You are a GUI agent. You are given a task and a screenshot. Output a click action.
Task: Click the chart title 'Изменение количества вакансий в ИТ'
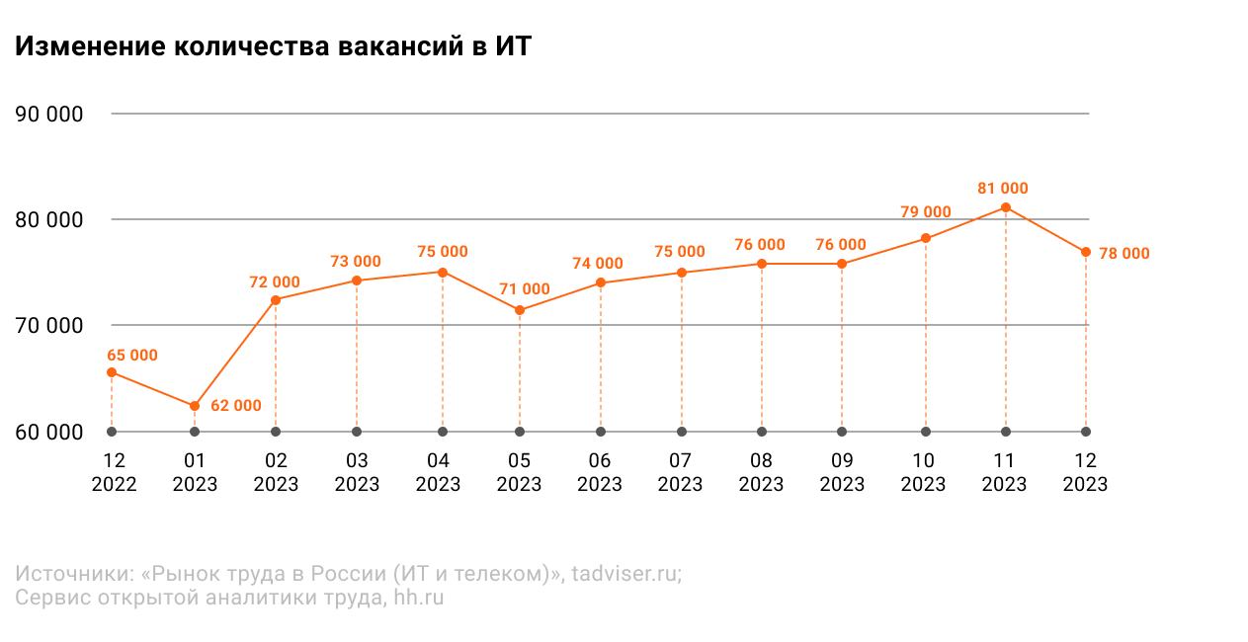tap(273, 46)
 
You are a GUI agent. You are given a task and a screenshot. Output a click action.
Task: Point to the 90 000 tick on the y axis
tap(49, 115)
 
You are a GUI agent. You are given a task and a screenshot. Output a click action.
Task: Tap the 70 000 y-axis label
tap(49, 326)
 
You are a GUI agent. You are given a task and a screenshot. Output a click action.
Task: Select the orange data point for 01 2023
tap(195, 407)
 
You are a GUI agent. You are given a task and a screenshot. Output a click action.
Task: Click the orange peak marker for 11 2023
tap(1006, 207)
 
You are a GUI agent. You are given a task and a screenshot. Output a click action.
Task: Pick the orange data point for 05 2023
tap(519, 310)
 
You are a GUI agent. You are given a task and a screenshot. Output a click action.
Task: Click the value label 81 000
tap(1003, 189)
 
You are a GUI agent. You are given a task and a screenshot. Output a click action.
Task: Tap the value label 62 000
tap(236, 405)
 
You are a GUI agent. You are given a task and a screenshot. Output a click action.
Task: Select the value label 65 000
tap(132, 356)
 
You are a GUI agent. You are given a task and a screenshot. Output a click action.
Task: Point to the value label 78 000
tap(1124, 254)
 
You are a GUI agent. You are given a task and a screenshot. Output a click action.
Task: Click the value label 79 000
tap(926, 211)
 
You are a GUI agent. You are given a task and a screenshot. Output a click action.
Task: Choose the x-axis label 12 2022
tap(115, 472)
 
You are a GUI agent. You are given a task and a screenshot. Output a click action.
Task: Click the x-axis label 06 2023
tap(600, 472)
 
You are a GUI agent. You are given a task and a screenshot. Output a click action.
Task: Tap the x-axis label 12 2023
tap(1085, 472)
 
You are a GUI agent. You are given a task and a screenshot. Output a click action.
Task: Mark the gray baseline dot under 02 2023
tap(276, 432)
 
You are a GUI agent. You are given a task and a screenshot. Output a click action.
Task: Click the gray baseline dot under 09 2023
tap(842, 432)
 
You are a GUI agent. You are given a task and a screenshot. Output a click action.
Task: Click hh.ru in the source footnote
tap(418, 598)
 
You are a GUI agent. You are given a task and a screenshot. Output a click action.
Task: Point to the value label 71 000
tap(525, 289)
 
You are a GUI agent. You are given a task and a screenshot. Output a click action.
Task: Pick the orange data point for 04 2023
tap(443, 273)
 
